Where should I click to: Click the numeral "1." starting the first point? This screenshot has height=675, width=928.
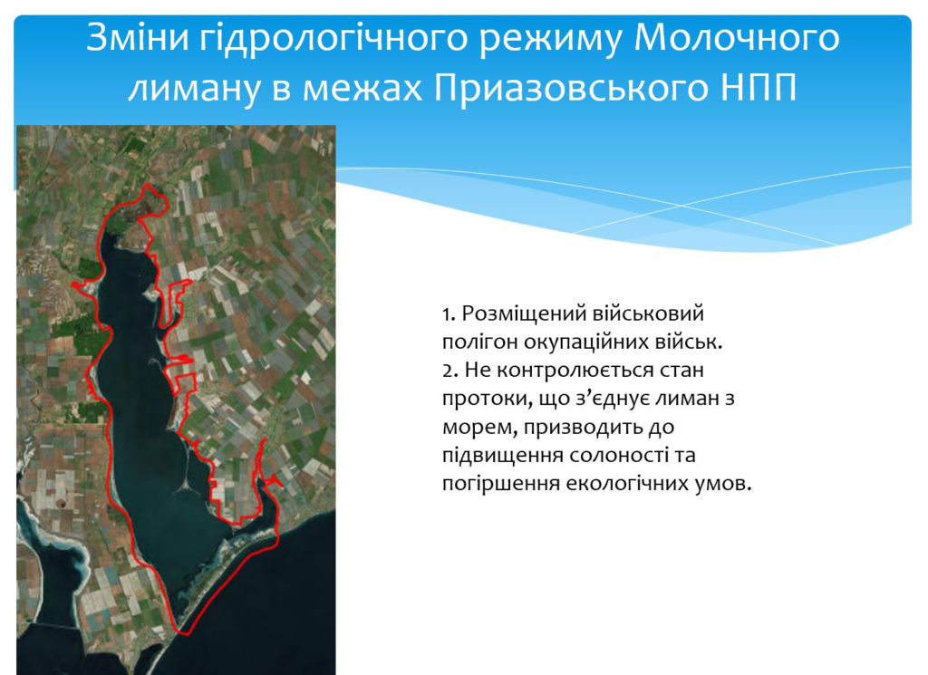[x=449, y=313]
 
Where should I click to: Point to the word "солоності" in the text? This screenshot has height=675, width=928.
[x=619, y=456]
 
